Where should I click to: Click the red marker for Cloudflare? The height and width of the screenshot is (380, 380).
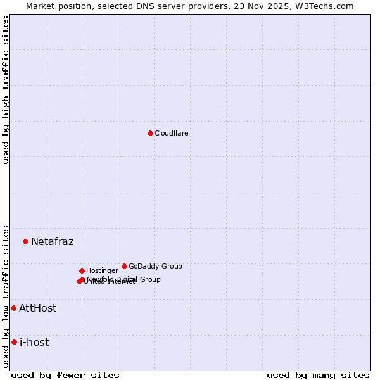coord(150,133)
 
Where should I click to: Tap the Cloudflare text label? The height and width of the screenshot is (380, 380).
coord(171,134)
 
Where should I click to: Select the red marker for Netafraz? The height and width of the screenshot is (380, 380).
coord(26,241)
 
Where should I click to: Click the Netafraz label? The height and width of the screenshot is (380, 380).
coord(52,242)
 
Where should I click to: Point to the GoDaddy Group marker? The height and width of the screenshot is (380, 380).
coord(124,266)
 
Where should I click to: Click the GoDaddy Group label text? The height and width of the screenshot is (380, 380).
coord(155,267)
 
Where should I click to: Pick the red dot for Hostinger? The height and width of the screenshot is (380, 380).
coord(82,270)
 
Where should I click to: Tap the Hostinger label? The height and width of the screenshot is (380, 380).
coord(102,271)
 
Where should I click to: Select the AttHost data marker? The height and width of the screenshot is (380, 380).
coord(13,308)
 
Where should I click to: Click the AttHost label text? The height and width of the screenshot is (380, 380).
coord(37,308)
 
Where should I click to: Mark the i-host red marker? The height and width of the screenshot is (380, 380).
coord(14,342)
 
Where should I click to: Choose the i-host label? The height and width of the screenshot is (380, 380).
coord(34,343)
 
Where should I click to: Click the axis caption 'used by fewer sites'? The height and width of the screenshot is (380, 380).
coord(65,376)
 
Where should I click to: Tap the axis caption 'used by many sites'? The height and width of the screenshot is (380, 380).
coord(318,376)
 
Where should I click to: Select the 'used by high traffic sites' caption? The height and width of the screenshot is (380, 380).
coord(6,90)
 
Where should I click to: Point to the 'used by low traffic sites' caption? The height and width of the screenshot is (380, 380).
coord(6,296)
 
